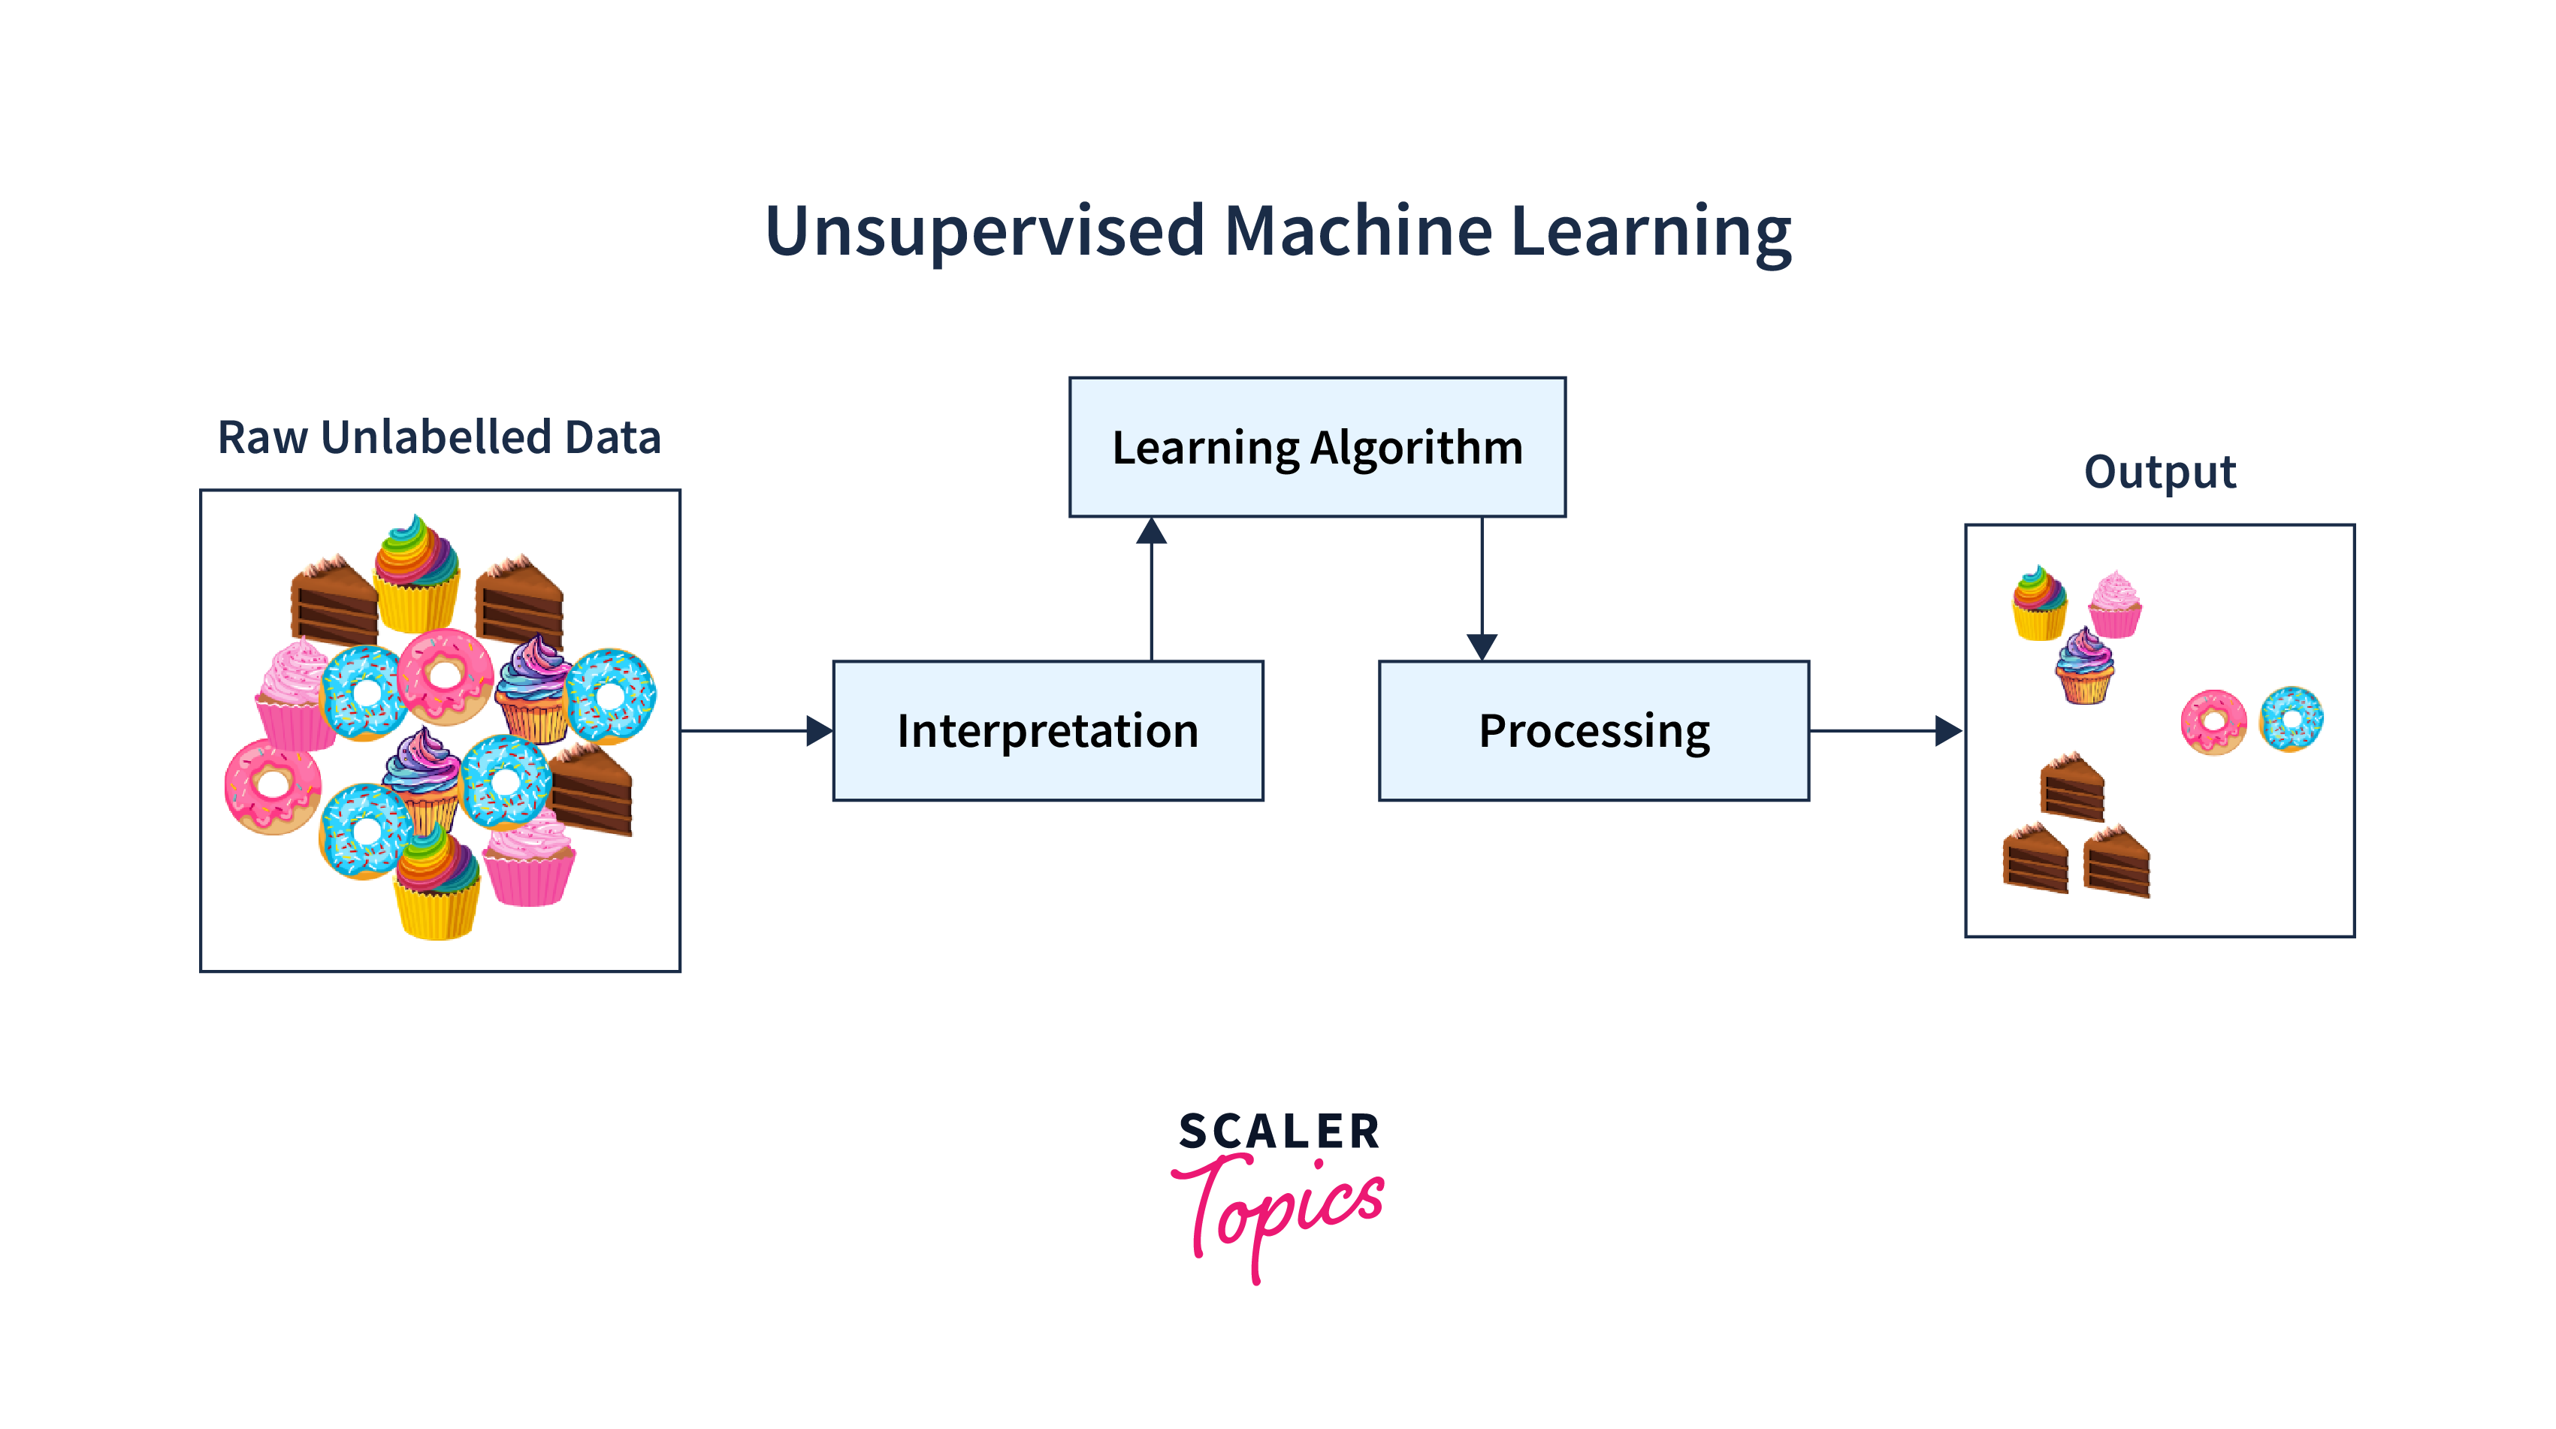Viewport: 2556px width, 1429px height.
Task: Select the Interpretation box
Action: point(1048,730)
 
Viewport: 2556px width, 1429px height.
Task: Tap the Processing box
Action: point(1594,730)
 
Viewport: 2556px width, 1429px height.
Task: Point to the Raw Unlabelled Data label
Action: point(439,437)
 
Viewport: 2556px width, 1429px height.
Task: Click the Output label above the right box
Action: point(2159,471)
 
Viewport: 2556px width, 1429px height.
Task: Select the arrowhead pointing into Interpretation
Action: point(819,731)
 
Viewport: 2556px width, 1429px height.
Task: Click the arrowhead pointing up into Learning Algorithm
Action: point(1151,532)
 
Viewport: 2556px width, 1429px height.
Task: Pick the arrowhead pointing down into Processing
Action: point(1482,646)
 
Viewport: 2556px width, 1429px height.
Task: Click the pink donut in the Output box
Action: point(2213,721)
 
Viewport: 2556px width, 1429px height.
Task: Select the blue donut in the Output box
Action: point(2291,718)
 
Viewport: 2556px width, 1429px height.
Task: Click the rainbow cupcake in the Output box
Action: point(2039,603)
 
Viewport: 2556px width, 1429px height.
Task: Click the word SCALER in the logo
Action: point(1279,1132)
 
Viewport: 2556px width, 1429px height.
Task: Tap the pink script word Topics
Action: point(1280,1210)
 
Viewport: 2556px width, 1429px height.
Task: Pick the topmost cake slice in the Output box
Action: point(2073,787)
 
